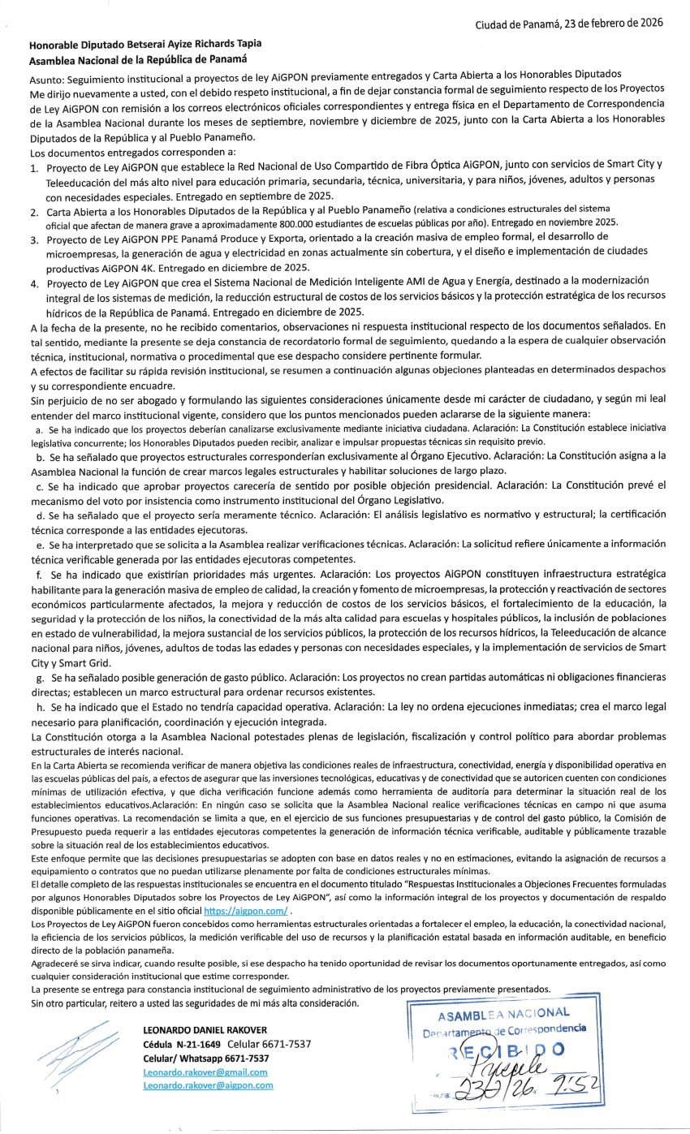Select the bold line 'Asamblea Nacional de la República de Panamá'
(x=138, y=59)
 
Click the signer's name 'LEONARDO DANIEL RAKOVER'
(x=204, y=1030)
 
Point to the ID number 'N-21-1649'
(x=198, y=1044)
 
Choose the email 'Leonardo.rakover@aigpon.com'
(x=207, y=1084)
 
